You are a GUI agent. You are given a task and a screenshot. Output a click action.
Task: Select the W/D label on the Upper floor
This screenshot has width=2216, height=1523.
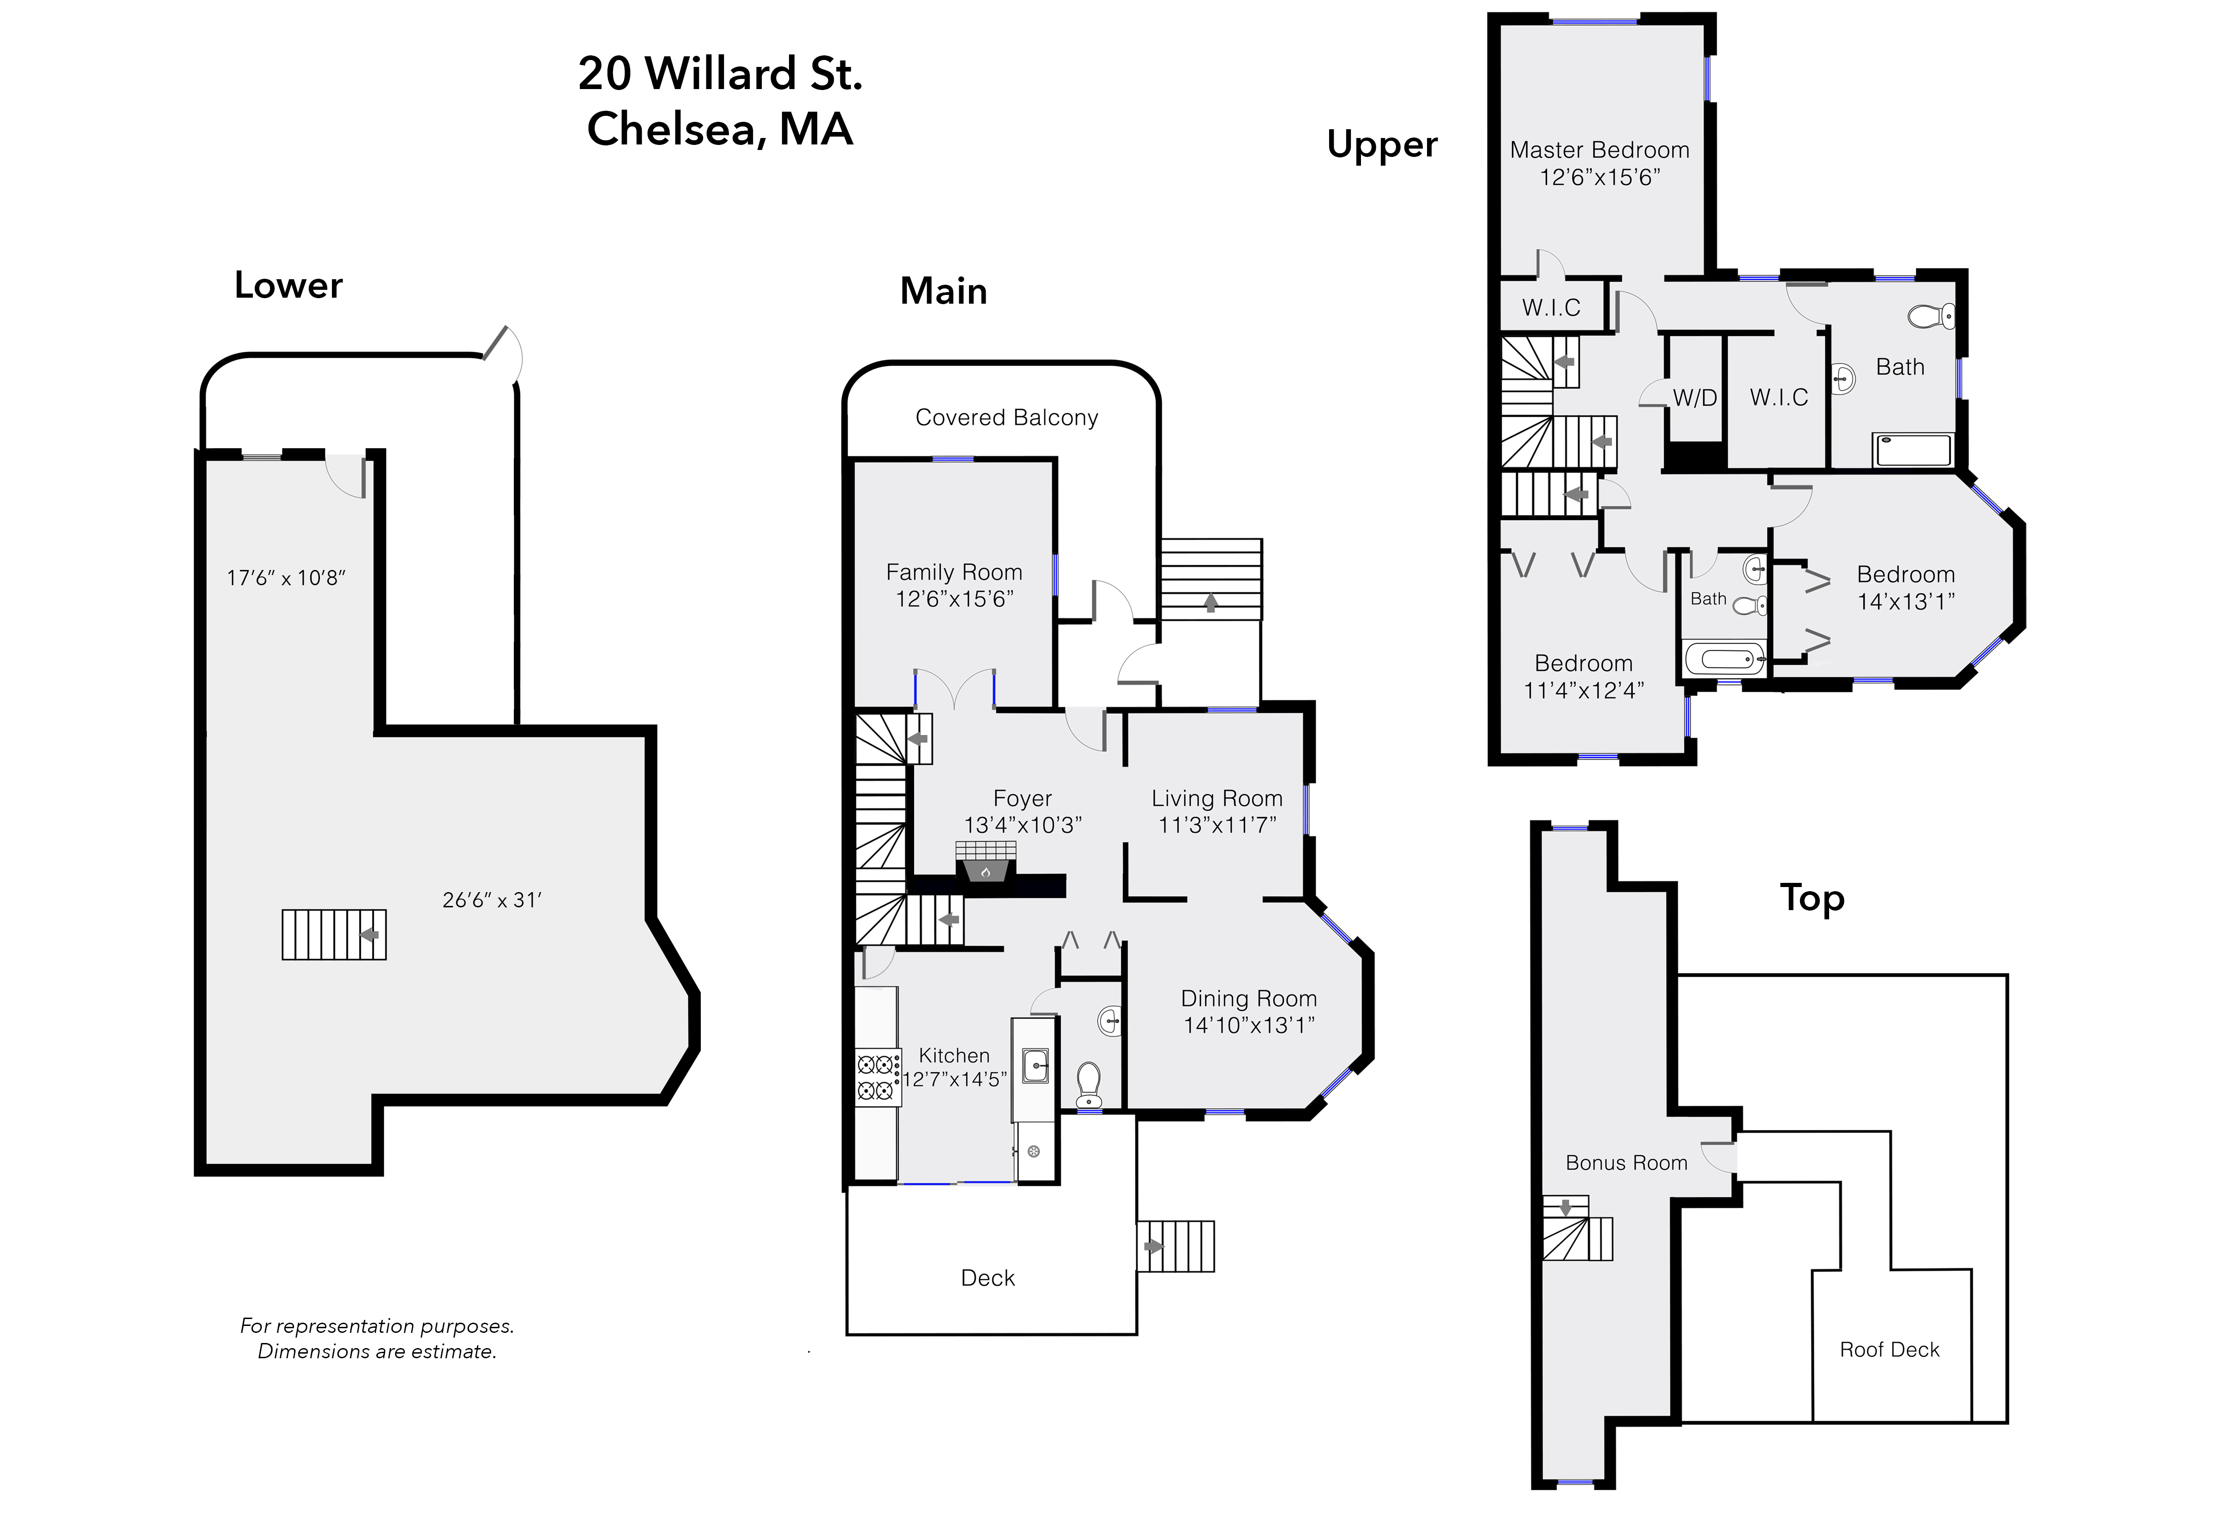[1695, 398]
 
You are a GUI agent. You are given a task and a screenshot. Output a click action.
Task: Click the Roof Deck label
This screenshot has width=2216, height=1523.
[1890, 1349]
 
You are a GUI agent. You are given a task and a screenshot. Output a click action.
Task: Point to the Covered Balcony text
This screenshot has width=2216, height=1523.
[1007, 418]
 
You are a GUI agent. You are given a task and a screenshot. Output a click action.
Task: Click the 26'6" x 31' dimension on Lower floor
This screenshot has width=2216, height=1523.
[492, 900]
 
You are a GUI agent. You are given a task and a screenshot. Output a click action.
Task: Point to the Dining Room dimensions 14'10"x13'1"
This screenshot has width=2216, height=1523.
[1249, 1025]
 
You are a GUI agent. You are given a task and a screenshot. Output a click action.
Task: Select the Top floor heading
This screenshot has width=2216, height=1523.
[1812, 899]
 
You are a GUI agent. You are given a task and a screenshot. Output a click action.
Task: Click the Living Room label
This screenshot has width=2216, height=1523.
[1217, 799]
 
